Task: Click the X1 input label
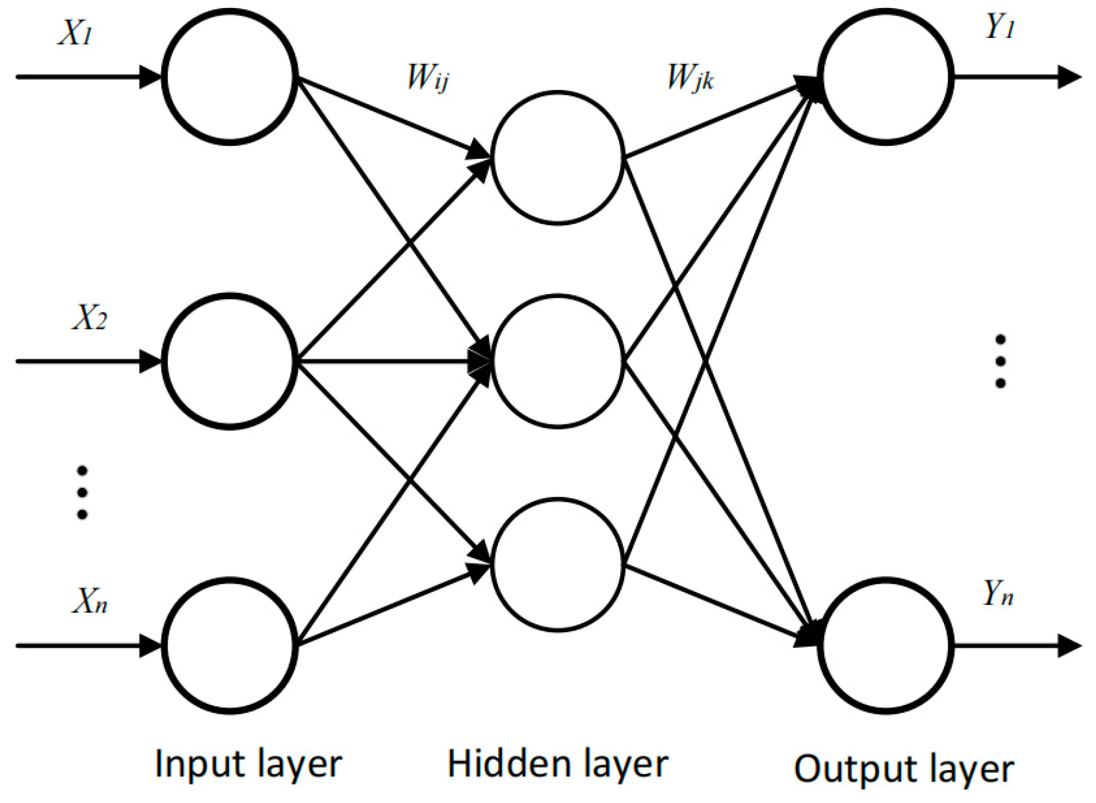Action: (x=75, y=32)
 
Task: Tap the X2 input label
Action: (x=89, y=317)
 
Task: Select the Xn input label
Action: (x=89, y=601)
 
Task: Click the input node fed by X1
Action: (x=229, y=77)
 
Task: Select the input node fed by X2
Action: (x=229, y=361)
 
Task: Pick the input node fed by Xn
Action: (x=229, y=645)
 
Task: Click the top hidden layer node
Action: (x=557, y=158)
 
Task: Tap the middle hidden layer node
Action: (x=557, y=361)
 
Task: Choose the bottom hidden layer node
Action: (x=557, y=565)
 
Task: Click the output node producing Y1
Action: (x=885, y=77)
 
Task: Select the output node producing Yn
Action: (x=885, y=645)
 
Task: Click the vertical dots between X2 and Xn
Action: (x=82, y=493)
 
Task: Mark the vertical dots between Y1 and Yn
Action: (x=1000, y=361)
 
